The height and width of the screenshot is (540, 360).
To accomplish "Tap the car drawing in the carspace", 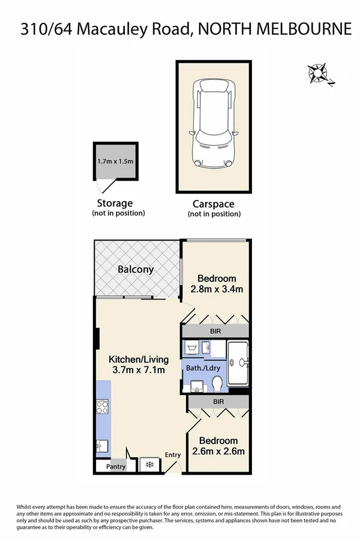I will tap(212, 125).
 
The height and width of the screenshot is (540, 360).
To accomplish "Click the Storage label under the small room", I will tap(115, 203).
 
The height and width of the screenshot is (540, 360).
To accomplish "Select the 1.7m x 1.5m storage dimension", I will tap(115, 161).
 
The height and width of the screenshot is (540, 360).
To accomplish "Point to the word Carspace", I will tap(213, 204).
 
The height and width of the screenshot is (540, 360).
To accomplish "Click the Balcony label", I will tap(135, 269).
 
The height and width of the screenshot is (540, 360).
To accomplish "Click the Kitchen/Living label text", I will tap(139, 359).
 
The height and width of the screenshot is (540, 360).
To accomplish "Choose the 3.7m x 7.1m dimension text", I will tap(139, 370).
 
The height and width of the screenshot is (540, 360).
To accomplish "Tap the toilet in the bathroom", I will tap(217, 382).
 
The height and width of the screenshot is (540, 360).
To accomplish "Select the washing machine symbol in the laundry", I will tap(193, 347).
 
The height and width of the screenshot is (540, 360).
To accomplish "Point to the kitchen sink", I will tap(101, 446).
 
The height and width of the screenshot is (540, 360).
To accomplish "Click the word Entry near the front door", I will tap(173, 455).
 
